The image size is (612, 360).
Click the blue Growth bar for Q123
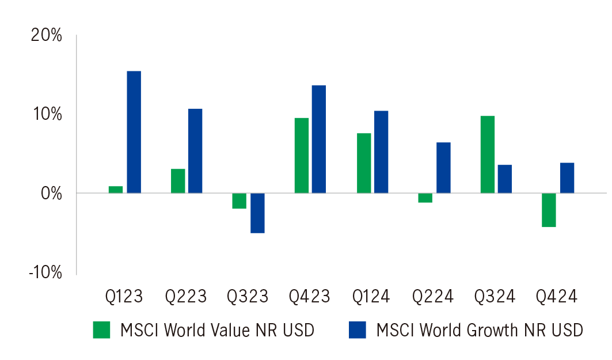coord(134,132)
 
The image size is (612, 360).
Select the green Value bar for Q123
coord(116,190)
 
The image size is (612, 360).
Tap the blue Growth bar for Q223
coord(195,150)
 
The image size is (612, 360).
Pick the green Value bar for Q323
coord(239,201)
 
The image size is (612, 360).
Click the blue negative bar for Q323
coord(257,213)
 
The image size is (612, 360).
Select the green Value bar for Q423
coord(302,155)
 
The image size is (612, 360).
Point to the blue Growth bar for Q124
coord(381,151)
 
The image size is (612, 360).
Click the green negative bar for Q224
coord(425,198)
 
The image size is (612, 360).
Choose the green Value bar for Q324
coord(487,154)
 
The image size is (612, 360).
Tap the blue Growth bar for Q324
coord(504,179)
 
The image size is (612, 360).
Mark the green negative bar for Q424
coord(549,210)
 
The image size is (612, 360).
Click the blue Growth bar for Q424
coord(567,177)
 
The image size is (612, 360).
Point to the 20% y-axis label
coord(46,36)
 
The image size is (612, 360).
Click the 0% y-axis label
coord(51,193)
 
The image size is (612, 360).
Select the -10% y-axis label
coord(45,272)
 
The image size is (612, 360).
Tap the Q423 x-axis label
coord(310,297)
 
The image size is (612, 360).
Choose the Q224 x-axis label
coord(433,297)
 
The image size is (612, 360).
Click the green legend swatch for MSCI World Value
coord(101,329)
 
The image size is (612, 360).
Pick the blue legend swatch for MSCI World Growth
coord(357,329)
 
